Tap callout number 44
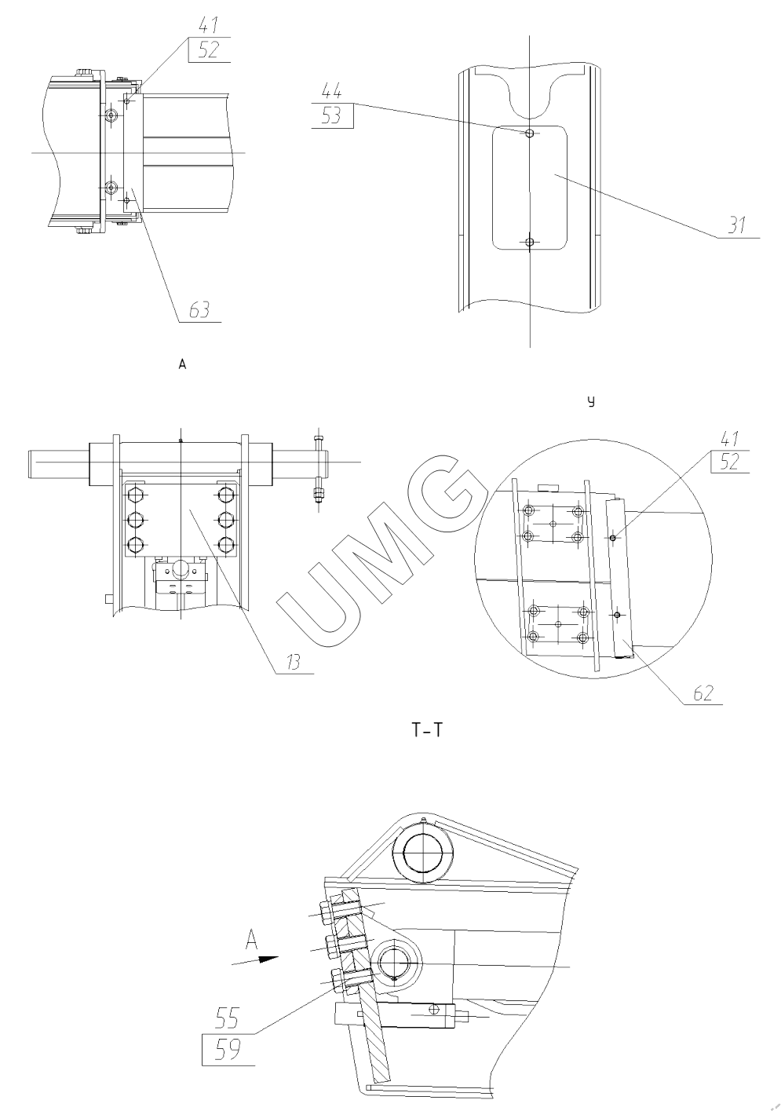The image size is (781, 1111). click(x=332, y=91)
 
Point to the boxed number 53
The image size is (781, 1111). click(x=332, y=116)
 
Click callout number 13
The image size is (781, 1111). click(x=293, y=662)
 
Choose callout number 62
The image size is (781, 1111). click(x=703, y=693)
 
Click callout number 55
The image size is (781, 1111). click(x=227, y=1018)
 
